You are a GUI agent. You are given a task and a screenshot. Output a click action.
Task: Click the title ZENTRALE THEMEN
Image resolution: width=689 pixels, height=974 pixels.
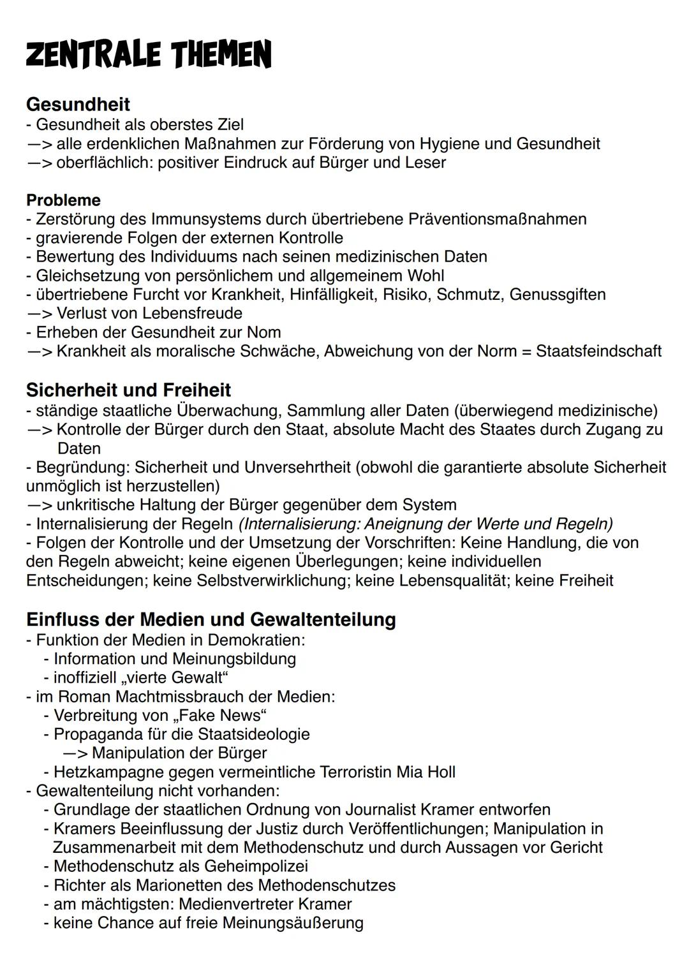[149, 54]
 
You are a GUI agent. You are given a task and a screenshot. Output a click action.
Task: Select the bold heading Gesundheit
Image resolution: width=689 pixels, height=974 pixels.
[78, 104]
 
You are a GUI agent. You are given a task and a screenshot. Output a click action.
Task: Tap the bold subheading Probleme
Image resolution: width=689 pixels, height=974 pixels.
[63, 200]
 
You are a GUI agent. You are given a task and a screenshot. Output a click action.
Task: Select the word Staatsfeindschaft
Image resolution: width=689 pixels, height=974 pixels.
[598, 351]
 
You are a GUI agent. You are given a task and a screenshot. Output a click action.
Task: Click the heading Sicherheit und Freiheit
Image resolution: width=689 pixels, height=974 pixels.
[128, 390]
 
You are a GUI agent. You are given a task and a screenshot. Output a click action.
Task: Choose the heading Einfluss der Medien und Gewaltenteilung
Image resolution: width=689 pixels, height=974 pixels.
[211, 619]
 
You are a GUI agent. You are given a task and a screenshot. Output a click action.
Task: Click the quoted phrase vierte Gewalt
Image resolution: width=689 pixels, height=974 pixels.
[175, 677]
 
